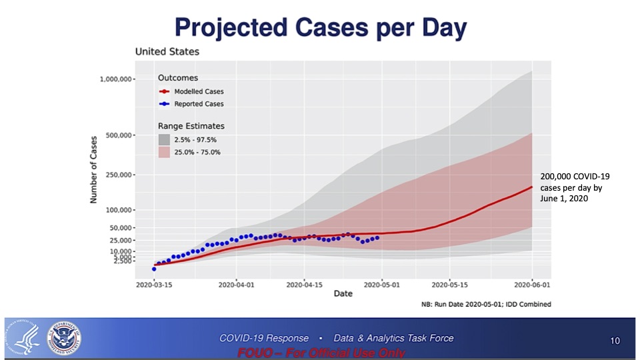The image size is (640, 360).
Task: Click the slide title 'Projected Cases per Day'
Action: point(320,29)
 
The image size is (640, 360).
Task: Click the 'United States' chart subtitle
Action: point(167,51)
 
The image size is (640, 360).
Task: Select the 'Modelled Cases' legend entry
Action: point(199,91)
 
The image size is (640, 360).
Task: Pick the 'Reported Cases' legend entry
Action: point(199,104)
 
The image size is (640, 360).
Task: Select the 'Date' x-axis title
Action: point(343,293)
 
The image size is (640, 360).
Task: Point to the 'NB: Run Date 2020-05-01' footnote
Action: point(486,304)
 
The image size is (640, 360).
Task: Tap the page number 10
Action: point(615,341)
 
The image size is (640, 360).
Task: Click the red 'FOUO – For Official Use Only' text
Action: point(321,353)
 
